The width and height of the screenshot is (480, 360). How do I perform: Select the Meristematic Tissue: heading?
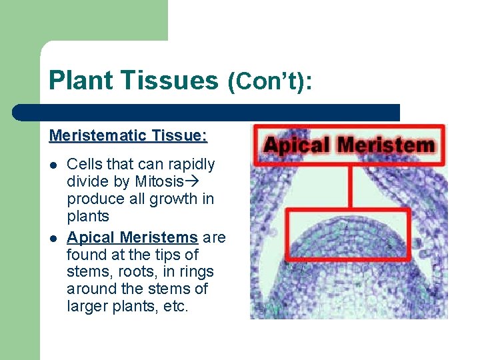point(128,136)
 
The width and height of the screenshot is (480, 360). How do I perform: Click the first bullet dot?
point(53,165)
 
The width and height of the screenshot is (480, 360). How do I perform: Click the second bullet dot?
point(53,238)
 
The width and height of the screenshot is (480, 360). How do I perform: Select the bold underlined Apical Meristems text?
point(132,237)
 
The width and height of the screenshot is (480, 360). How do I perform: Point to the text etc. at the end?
point(175,307)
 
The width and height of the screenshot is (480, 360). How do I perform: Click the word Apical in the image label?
point(297,145)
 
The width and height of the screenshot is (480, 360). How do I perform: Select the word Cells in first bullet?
point(84,164)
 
